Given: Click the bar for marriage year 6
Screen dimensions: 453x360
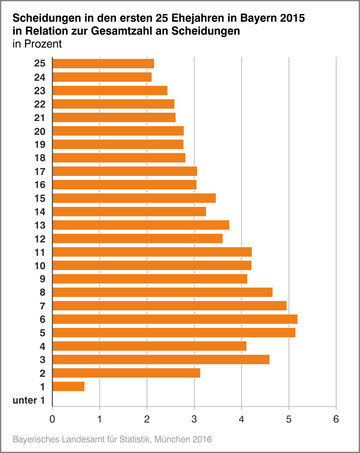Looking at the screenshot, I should [175, 319].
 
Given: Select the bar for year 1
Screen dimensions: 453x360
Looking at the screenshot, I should [68, 387].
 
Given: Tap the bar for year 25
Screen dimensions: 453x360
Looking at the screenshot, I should [103, 64].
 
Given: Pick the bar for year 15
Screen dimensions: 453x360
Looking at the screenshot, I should [134, 198].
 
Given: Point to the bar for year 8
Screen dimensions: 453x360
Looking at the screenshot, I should [162, 292].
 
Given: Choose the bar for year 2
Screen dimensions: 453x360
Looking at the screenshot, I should [126, 373].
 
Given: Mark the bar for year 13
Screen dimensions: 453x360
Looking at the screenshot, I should [141, 225].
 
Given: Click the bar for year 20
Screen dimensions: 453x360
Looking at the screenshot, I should [118, 131].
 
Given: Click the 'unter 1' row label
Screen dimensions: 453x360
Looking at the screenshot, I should [29, 400].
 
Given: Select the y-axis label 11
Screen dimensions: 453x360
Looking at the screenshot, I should [40, 252].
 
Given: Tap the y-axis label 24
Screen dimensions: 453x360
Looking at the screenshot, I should [40, 77].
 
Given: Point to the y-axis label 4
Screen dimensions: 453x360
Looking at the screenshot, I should [42, 346].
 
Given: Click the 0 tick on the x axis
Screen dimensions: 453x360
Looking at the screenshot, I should [53, 419].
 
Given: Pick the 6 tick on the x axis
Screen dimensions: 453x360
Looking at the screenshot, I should [336, 419].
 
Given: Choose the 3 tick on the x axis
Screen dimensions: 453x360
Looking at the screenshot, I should [194, 419].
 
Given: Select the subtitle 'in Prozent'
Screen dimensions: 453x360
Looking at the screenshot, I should [37, 44].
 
